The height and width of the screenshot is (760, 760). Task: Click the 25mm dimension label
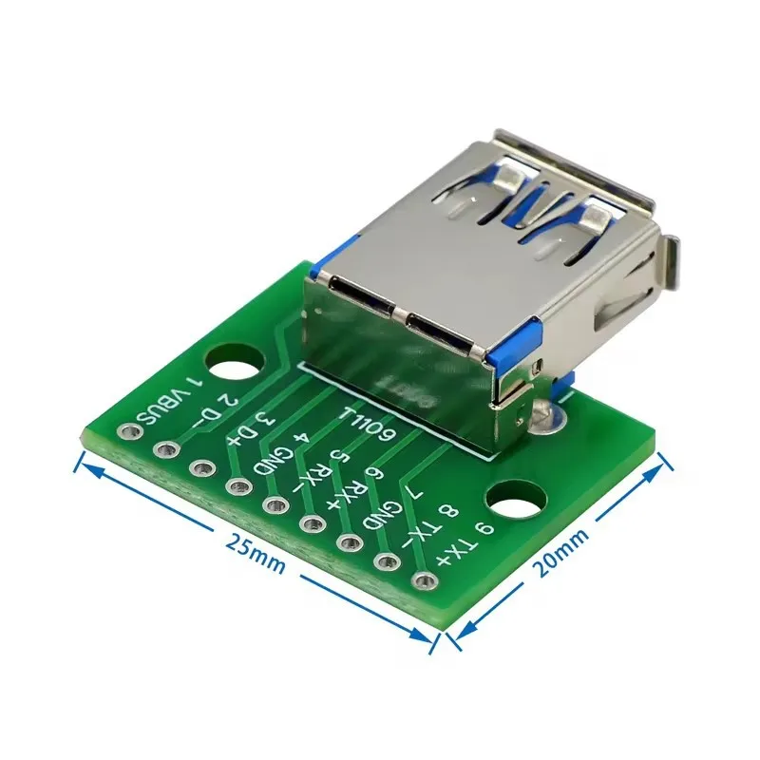[x=255, y=553]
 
